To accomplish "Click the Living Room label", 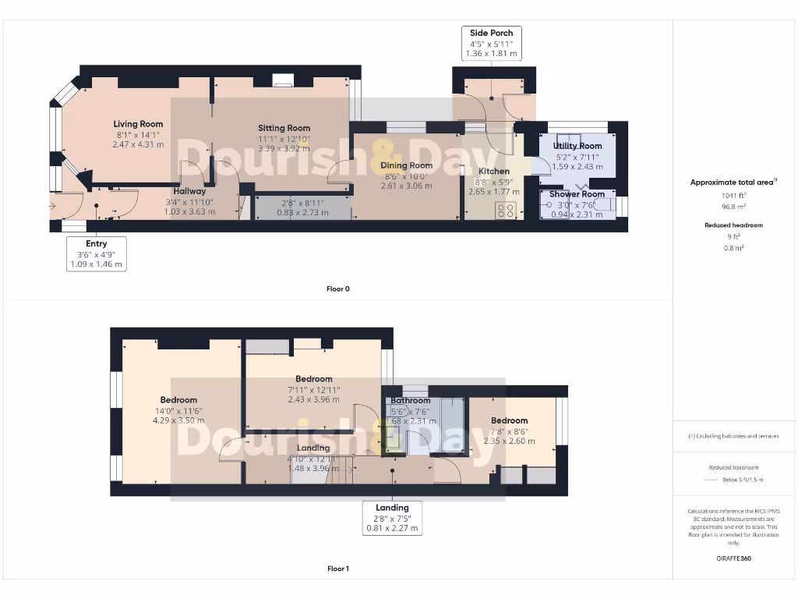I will [x=138, y=124].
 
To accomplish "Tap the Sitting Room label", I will [x=284, y=128].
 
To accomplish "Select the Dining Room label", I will [x=406, y=165].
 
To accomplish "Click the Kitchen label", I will [x=493, y=171].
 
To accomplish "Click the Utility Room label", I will [x=577, y=146].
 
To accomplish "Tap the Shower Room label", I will [x=577, y=194].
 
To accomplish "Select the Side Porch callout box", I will [x=492, y=44].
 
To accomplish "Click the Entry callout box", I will [x=97, y=254].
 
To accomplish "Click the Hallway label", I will [x=189, y=191].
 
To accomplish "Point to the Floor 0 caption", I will [x=337, y=289].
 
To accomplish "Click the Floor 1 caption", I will [x=337, y=569].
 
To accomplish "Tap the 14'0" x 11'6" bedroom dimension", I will [x=179, y=410].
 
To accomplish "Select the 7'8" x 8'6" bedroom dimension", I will [x=509, y=431].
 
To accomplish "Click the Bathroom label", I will [x=411, y=401].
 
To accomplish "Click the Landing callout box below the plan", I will [x=392, y=518].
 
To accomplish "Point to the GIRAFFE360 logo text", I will [x=734, y=558].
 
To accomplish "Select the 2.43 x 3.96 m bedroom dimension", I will [x=313, y=399].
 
